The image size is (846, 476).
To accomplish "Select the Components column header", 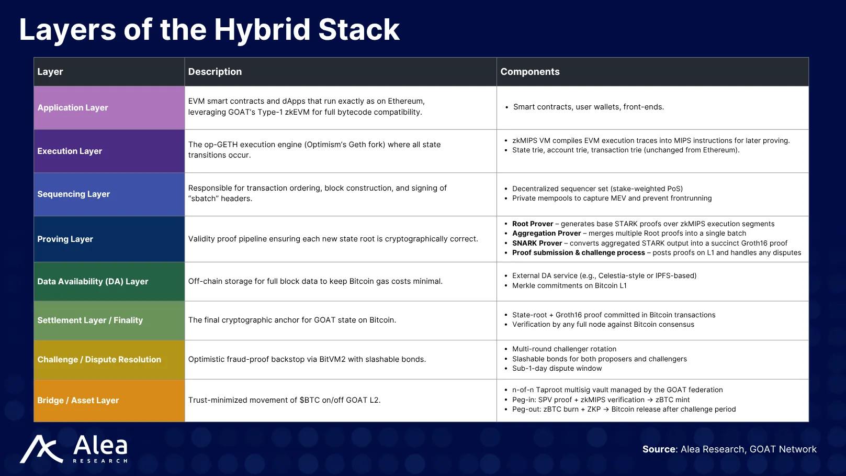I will click(x=529, y=72).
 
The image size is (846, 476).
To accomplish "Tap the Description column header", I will click(x=215, y=72).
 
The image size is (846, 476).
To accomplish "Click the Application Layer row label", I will click(x=73, y=107).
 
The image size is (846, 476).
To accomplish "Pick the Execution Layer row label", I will click(x=70, y=151).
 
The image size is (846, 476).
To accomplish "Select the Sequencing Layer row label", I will click(x=73, y=194).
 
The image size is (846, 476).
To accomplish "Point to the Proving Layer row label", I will click(x=65, y=239).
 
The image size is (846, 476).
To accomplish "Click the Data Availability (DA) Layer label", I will click(x=93, y=281).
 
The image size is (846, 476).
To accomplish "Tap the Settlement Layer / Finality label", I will click(x=90, y=320).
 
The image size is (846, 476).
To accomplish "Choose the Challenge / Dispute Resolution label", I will click(x=99, y=359).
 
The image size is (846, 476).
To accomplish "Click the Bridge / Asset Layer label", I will click(x=78, y=400).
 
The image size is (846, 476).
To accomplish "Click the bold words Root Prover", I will click(x=532, y=224).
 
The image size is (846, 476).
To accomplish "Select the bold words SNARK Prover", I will click(x=537, y=243).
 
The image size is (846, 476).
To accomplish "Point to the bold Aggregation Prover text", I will click(x=546, y=234).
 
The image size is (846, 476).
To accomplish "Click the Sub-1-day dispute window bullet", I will click(x=557, y=368).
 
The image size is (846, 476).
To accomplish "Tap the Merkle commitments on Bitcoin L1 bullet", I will click(x=569, y=285).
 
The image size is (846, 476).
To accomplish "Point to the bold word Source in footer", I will click(x=659, y=449).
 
